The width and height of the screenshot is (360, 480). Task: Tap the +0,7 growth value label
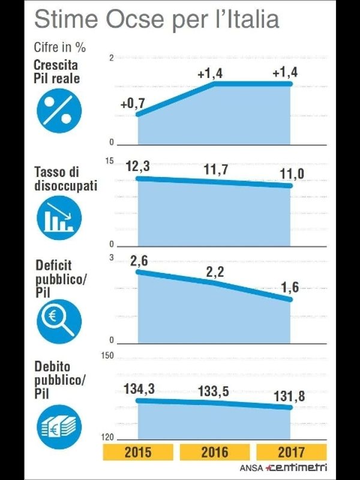133,104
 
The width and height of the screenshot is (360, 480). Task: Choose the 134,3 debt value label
139,389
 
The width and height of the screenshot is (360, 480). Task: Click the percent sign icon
58,112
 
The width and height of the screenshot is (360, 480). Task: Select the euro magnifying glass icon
58,320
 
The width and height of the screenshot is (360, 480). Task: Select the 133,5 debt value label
214,392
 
